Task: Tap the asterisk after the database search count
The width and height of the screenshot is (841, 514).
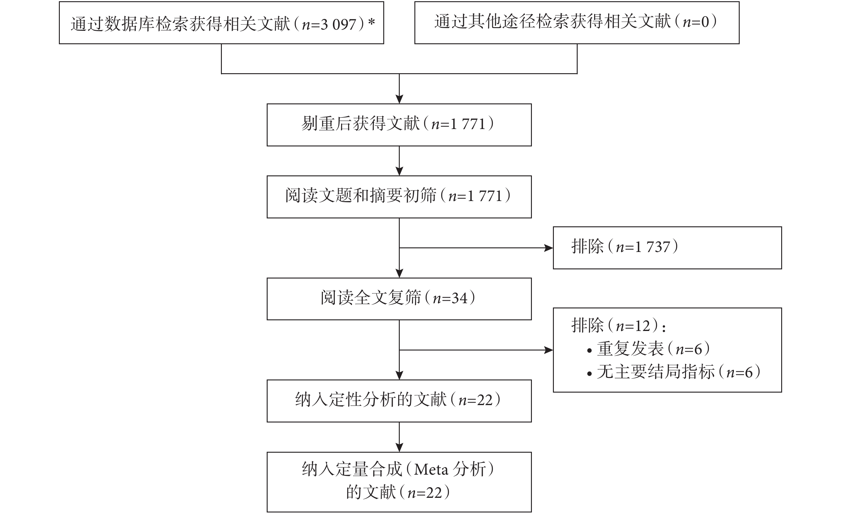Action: click(x=371, y=22)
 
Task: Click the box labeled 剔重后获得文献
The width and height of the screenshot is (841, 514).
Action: click(x=399, y=125)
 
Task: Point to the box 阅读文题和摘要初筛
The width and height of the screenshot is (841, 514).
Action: click(x=399, y=197)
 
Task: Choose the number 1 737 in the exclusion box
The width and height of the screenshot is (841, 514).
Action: click(x=652, y=247)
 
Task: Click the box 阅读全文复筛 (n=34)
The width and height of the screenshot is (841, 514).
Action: click(x=399, y=299)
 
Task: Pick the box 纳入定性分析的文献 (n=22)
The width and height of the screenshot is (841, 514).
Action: click(x=399, y=401)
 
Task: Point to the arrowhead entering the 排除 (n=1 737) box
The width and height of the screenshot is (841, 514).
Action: click(x=548, y=248)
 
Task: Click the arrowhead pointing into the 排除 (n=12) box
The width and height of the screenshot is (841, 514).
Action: click(x=548, y=350)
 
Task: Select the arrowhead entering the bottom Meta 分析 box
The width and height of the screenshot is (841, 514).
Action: click(x=399, y=448)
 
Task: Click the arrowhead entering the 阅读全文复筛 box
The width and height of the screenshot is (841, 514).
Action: click(x=399, y=273)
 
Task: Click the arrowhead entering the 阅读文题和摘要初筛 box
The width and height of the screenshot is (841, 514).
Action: click(x=399, y=171)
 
